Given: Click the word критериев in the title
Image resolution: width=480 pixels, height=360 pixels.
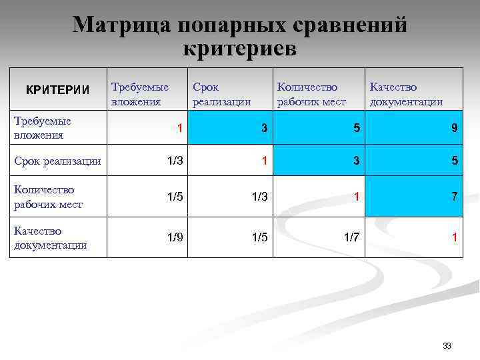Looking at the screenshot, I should tap(239, 49).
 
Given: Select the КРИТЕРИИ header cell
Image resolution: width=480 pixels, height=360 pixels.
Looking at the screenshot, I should tap(57, 89).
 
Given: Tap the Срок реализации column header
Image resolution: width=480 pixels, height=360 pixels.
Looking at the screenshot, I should tap(221, 94).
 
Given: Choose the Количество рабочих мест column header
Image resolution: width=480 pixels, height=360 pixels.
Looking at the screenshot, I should tap(311, 94).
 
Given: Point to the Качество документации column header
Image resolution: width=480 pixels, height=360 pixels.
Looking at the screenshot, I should tap(406, 94).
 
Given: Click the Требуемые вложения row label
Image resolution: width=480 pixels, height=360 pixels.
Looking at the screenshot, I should tap(43, 128).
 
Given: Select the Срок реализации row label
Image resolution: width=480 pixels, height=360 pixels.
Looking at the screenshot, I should tap(57, 161).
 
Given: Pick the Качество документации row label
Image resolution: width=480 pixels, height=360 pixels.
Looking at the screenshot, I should tap(50, 238).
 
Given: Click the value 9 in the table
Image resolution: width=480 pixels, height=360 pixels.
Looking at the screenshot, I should tap(454, 128).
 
